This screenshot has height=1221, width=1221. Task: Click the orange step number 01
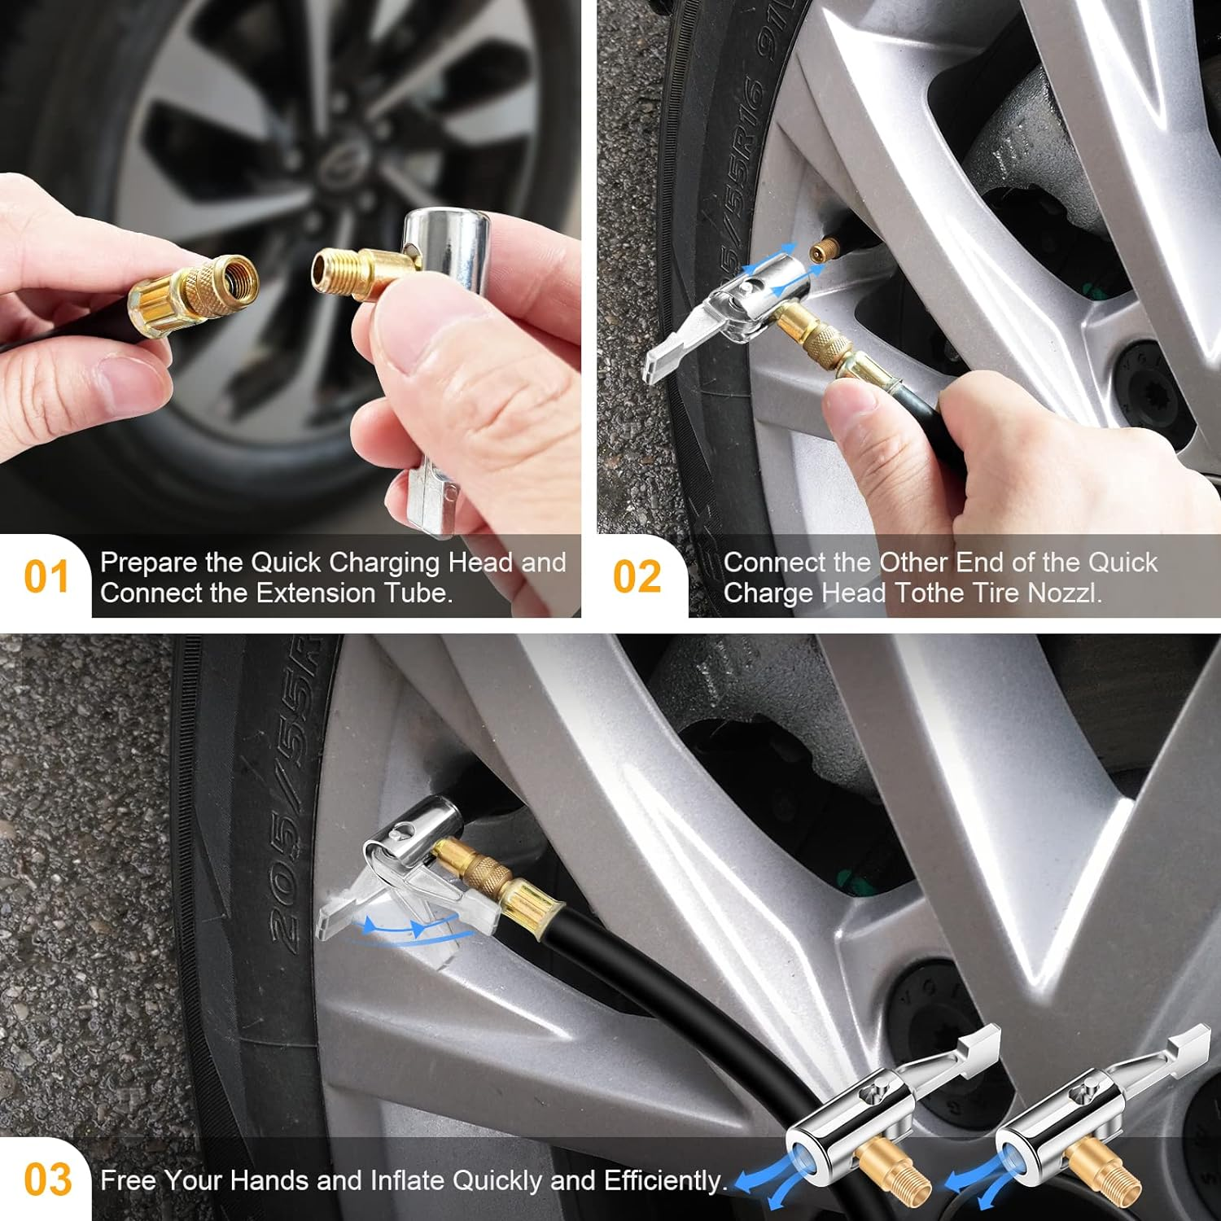[x=46, y=577]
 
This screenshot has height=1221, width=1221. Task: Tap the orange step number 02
[x=637, y=577]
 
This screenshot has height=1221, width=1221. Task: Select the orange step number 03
[x=47, y=1179]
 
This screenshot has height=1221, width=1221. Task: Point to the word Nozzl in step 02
[x=1064, y=593]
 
